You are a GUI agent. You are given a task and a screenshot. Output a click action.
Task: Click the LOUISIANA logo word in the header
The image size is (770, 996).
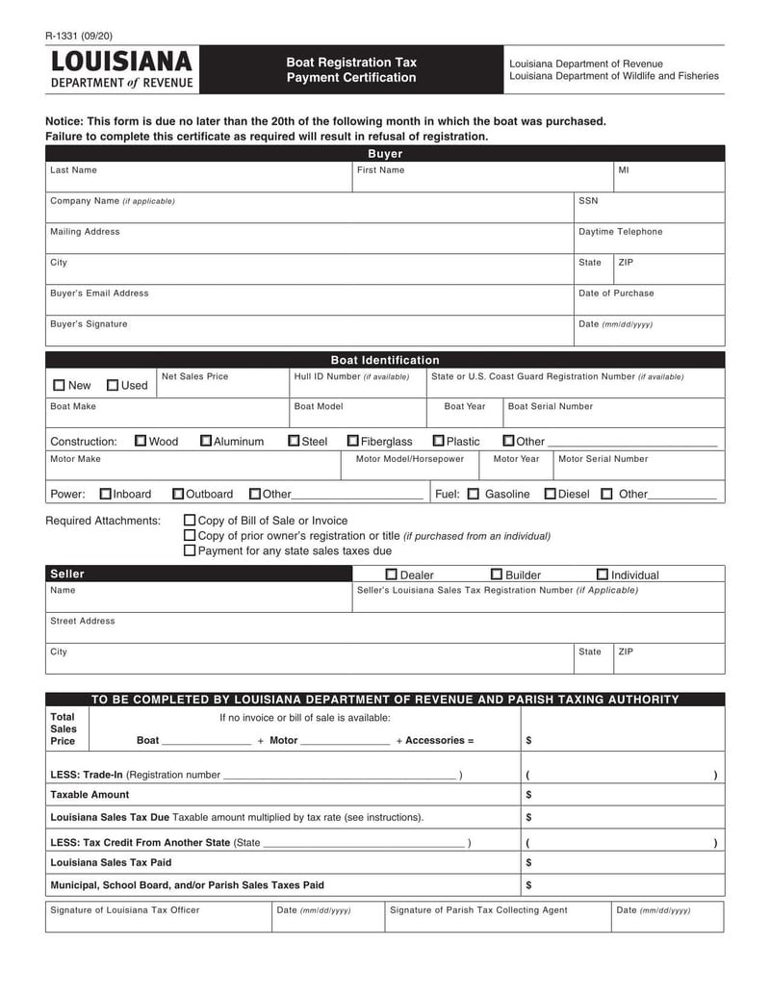(122, 63)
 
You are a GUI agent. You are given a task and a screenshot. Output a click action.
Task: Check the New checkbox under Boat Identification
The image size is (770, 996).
(60, 386)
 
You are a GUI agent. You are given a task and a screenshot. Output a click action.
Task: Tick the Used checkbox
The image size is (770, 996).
(113, 386)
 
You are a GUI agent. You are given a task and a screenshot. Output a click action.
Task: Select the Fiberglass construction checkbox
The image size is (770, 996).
(353, 441)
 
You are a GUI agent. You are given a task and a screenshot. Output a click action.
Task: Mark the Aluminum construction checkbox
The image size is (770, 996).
(206, 441)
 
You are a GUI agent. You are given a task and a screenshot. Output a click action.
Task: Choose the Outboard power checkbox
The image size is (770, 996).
(178, 494)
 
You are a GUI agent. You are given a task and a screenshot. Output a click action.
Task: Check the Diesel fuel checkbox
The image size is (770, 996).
(550, 494)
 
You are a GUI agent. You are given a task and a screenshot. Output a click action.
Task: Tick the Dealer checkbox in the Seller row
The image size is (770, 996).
(392, 575)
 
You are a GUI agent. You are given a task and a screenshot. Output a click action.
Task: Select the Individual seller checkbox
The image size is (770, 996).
(603, 575)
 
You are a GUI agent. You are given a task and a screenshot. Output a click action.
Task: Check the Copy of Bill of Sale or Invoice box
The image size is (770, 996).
(190, 521)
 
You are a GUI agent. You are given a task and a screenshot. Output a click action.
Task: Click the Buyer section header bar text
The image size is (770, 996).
(385, 154)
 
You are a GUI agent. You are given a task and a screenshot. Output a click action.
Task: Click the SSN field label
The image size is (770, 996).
(588, 201)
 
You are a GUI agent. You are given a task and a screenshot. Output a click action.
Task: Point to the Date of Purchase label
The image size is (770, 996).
(615, 294)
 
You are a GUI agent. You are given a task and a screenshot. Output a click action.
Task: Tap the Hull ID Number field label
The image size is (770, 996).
(351, 376)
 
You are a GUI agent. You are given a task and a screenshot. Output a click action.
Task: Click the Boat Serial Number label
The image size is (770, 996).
(550, 406)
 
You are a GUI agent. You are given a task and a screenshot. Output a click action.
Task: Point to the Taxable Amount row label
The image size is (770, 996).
(90, 795)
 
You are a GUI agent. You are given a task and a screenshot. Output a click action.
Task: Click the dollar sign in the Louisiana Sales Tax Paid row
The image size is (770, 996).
(529, 862)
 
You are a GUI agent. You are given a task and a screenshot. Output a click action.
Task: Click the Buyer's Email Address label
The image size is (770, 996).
(99, 294)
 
